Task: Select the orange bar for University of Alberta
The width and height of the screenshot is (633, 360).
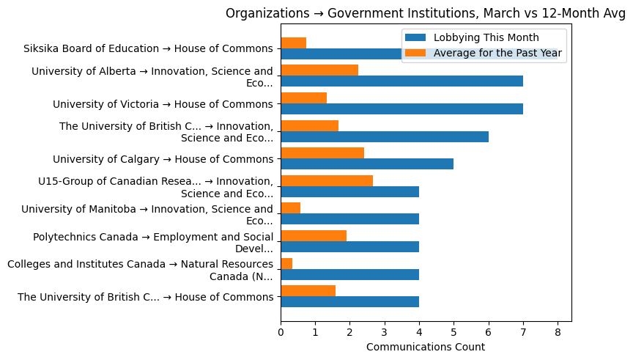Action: pyautogui.click(x=319, y=70)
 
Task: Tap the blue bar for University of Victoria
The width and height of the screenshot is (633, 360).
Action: pyautogui.click(x=401, y=109)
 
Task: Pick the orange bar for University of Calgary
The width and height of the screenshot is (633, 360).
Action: pyautogui.click(x=322, y=153)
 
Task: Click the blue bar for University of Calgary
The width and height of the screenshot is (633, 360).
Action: pyautogui.click(x=367, y=164)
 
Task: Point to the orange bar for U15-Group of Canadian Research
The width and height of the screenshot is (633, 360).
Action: pyautogui.click(x=327, y=181)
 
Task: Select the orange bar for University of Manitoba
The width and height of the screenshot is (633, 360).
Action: pyautogui.click(x=291, y=208)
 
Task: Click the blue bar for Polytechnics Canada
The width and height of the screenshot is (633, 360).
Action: pyautogui.click(x=349, y=247)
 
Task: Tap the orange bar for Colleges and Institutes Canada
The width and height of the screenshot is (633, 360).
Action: pyautogui.click(x=286, y=263)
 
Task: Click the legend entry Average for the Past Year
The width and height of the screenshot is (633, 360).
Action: pyautogui.click(x=497, y=53)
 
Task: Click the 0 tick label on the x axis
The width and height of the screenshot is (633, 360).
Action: pyautogui.click(x=281, y=332)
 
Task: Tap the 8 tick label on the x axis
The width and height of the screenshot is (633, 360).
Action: pyautogui.click(x=558, y=332)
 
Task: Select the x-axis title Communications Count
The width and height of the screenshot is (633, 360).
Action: pyautogui.click(x=425, y=347)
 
